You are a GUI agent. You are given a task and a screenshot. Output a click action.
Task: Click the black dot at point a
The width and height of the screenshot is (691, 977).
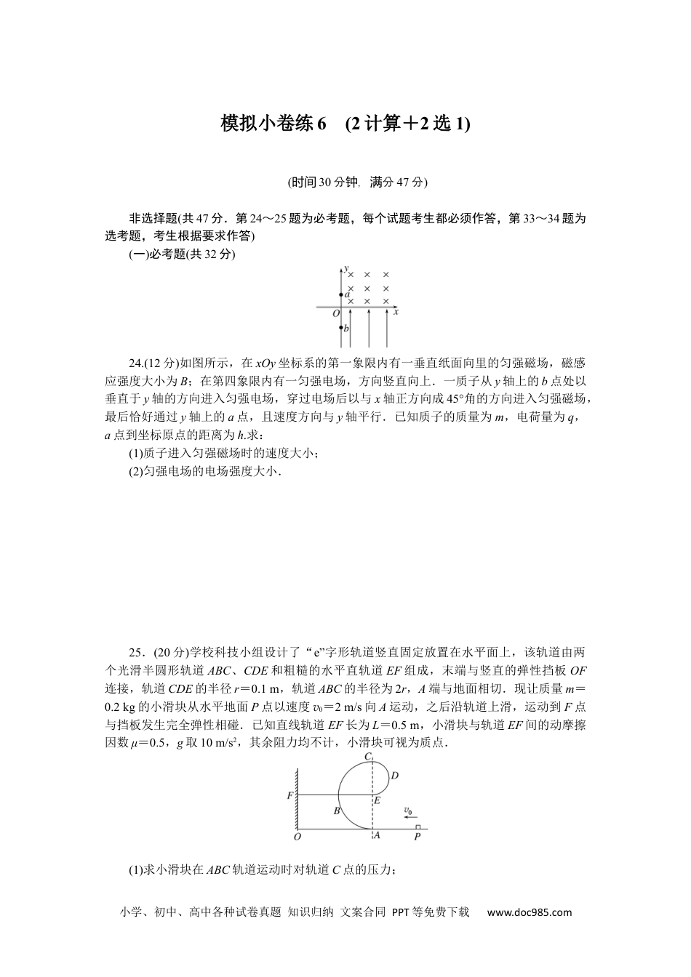pyautogui.click(x=341, y=295)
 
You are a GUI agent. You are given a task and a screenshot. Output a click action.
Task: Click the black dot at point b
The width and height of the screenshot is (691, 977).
pyautogui.click(x=341, y=327)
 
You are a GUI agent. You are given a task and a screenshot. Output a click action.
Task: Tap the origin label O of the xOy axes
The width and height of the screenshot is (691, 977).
pyautogui.click(x=335, y=313)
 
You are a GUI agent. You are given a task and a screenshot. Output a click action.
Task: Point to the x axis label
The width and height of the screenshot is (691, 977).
pyautogui.click(x=396, y=312)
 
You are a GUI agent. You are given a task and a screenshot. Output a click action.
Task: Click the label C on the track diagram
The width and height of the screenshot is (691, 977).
pyautogui.click(x=368, y=757)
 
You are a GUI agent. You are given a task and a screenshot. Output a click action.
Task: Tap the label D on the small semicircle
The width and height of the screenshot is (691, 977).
pyautogui.click(x=394, y=775)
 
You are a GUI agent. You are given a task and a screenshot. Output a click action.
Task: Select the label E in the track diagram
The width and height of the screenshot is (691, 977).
pyautogui.click(x=377, y=800)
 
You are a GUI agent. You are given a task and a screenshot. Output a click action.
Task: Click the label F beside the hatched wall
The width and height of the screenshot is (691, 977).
pyautogui.click(x=289, y=795)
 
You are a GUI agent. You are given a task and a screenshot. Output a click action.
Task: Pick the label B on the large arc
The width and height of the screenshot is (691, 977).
pyautogui.click(x=337, y=810)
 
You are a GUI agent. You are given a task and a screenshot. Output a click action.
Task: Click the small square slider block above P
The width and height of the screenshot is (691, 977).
pyautogui.click(x=417, y=827)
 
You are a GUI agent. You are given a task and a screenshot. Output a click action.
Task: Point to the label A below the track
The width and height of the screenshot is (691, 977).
pyautogui.click(x=375, y=835)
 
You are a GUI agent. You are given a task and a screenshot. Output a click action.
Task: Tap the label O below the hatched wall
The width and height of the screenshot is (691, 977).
pyautogui.click(x=297, y=837)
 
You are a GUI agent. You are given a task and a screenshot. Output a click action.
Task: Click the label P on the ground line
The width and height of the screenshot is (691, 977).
pyautogui.click(x=417, y=837)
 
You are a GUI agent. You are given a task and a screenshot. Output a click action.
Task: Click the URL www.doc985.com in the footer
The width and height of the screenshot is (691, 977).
pyautogui.click(x=529, y=912)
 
